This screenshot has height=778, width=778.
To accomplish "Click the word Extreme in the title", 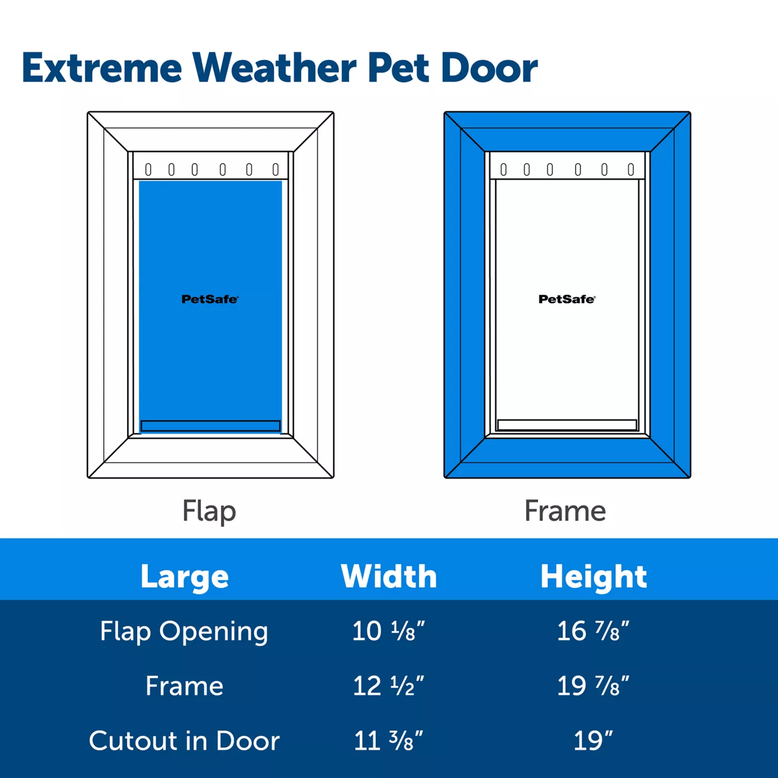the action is point(102,68).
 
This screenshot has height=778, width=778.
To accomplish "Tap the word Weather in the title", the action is point(275,67).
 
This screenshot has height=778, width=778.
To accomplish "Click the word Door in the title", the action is point(490,67).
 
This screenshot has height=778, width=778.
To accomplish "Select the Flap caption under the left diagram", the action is point(209,511).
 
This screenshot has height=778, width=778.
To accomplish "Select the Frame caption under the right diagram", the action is point(565,511).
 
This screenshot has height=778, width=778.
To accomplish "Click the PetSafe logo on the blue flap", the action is point(210,299).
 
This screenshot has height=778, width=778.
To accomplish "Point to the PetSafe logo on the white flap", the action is point(567,299).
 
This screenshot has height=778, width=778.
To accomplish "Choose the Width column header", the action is point(389,576).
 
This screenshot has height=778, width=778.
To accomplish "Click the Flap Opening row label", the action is point(184,632).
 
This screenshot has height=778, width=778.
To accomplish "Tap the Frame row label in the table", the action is point(184,686).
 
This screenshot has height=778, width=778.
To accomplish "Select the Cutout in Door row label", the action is point(184,741).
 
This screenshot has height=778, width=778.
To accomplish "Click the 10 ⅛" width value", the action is point(388,631).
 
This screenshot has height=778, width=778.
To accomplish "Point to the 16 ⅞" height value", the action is point(593,631).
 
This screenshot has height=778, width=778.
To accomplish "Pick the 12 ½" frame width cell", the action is point(388,686).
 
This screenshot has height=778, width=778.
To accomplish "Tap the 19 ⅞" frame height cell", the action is point(593,686).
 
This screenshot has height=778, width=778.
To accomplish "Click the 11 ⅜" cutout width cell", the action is point(388,741).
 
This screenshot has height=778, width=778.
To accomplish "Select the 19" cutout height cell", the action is point(593,740).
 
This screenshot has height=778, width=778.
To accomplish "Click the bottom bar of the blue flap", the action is point(211,426).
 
